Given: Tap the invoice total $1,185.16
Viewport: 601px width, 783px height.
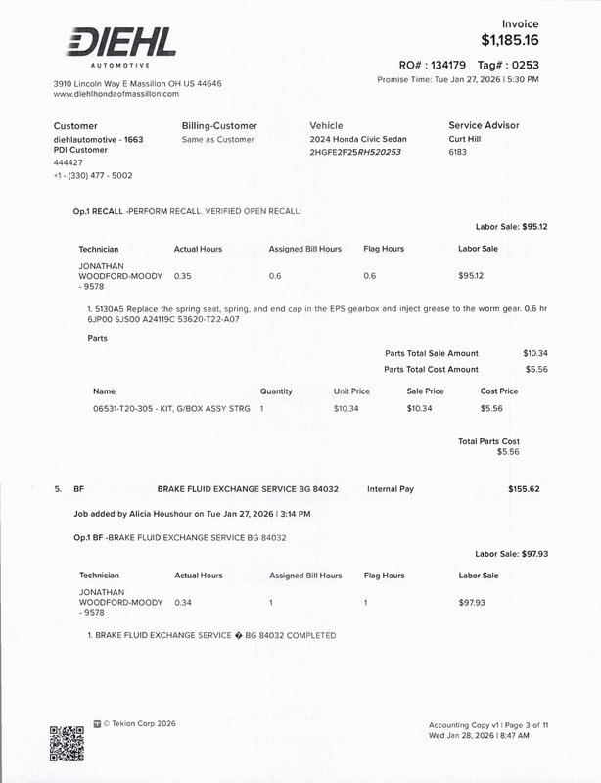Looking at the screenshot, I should point(510,41).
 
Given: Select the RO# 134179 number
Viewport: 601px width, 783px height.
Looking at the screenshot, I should point(439,66).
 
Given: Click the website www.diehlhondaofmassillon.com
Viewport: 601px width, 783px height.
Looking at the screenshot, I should point(116,94).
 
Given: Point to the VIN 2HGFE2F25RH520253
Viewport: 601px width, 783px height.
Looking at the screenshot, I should point(355,153).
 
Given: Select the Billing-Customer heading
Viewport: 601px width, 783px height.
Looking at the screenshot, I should point(219,126).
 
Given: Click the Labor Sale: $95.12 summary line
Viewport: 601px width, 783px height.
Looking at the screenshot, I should point(510,226).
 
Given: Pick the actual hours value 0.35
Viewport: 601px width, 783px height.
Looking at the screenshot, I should point(182,276).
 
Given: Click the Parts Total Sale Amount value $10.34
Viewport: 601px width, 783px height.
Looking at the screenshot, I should point(534,352).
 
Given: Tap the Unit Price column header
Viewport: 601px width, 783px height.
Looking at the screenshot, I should point(354,391).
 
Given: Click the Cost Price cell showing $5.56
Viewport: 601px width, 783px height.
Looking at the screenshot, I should point(491,407).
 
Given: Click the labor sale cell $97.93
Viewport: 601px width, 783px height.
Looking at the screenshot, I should point(472,602).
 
